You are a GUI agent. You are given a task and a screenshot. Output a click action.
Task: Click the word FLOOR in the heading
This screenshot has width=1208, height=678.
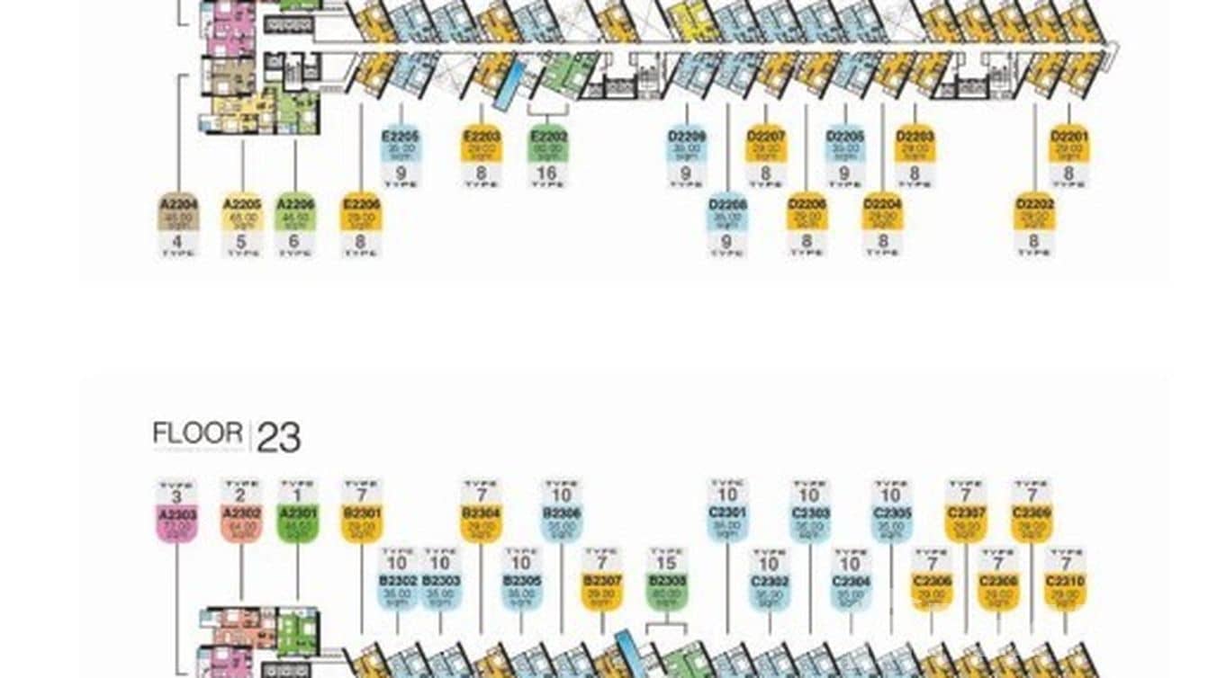coord(197,433)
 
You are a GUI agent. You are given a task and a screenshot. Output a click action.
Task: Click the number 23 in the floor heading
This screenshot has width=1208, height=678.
coord(278,438)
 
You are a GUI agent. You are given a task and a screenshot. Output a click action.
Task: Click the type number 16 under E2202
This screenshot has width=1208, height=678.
coord(547,173)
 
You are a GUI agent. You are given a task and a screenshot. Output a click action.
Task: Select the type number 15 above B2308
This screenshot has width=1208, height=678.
coord(667,564)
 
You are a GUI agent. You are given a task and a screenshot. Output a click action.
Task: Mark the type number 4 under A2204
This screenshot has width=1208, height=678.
coord(178,241)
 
